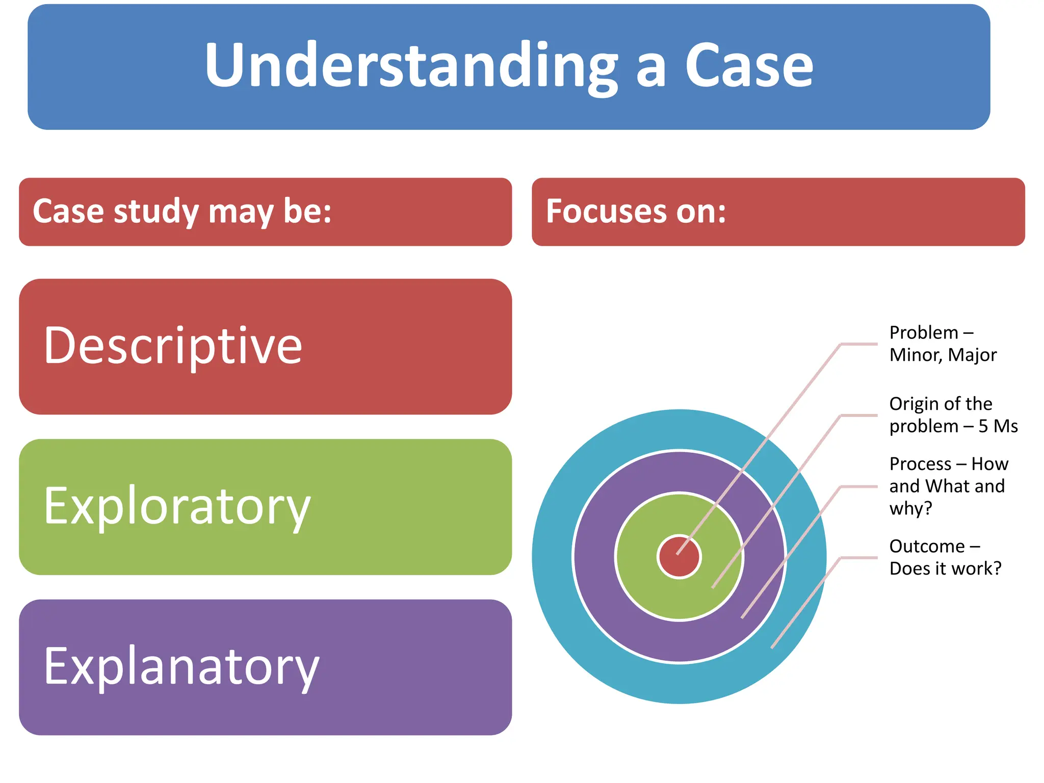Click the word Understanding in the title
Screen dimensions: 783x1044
[411, 66]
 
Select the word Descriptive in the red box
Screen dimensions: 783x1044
[173, 346]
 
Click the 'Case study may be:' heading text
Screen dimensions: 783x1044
[182, 211]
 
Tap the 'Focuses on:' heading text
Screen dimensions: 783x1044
[636, 211]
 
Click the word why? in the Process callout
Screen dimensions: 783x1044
[910, 508]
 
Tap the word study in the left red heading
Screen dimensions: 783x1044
[155, 212]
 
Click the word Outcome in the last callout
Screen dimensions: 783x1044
[927, 546]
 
